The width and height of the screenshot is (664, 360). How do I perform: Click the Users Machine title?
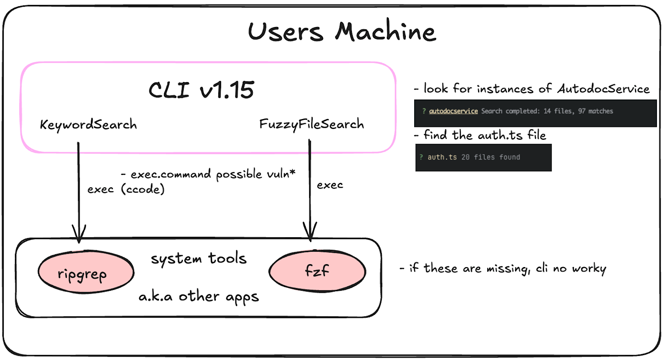(x=342, y=32)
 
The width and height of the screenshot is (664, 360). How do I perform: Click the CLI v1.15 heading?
(x=201, y=90)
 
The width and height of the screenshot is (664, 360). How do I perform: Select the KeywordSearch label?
(x=88, y=124)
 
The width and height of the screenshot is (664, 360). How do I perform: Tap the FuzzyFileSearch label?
(x=312, y=124)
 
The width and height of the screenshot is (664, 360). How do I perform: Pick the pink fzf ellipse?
(x=317, y=271)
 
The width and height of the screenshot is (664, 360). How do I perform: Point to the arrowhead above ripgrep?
(x=79, y=234)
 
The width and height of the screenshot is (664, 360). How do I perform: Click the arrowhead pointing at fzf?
(x=310, y=232)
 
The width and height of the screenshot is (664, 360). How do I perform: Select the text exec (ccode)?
(x=126, y=189)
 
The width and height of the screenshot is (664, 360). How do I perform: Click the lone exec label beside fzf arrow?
(x=330, y=185)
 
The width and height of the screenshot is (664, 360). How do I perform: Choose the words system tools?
(x=199, y=258)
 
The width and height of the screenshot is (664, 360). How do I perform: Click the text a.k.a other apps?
(x=198, y=297)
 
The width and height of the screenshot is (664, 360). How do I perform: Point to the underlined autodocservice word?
(x=453, y=111)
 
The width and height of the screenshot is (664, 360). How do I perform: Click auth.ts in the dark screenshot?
(x=442, y=157)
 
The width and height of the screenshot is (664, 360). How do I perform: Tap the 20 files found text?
(x=491, y=157)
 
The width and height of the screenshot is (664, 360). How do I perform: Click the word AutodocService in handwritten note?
(x=603, y=89)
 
